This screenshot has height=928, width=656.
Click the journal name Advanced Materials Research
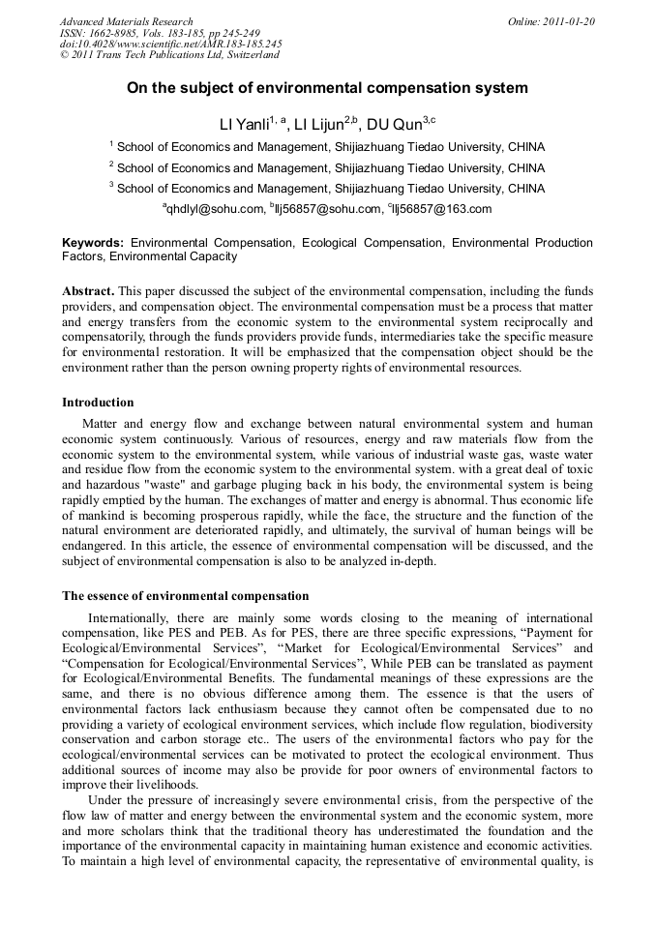click(126, 21)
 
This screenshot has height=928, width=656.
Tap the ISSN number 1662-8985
click(121, 33)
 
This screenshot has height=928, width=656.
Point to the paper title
click(327, 88)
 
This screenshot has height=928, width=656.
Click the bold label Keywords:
click(93, 243)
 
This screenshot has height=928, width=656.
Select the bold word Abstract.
click(88, 291)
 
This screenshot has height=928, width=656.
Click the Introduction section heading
click(98, 403)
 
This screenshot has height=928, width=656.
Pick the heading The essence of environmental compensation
click(186, 596)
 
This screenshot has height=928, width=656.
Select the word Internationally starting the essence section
click(126, 618)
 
